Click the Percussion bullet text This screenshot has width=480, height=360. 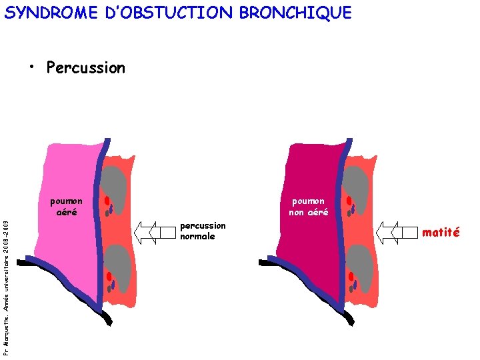pos(85,67)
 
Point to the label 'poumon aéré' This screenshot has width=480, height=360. pos(67,207)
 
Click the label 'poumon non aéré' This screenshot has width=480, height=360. pos(308,207)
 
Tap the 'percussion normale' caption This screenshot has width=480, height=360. pos(203,231)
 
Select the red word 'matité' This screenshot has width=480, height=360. pos(441,232)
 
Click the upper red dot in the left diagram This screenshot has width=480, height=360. pos(106,200)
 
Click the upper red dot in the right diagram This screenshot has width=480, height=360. pos(349,200)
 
